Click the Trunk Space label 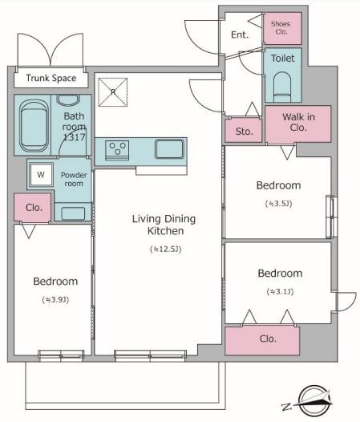point(51,78)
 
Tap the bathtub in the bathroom point(34,125)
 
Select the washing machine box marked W point(41,175)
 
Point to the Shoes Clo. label point(281,28)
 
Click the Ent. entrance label point(240,34)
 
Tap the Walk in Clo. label point(298,122)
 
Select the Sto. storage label point(245,132)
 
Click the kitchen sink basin point(169,149)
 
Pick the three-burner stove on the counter point(117,150)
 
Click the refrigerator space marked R point(113,92)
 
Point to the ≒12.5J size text point(166,250)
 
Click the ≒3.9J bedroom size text point(55,299)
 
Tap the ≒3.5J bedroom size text point(279,204)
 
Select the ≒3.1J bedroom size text point(280,291)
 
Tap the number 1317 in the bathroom point(74,137)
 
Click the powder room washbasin point(73,213)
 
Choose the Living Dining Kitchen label point(164,225)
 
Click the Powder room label point(74,179)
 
